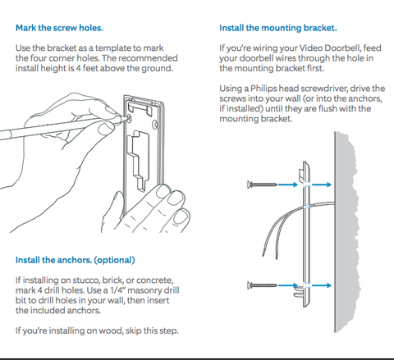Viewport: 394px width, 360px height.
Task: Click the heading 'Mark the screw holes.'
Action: pyautogui.click(x=59, y=27)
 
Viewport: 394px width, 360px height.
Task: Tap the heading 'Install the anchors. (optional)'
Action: pyautogui.click(x=75, y=260)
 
